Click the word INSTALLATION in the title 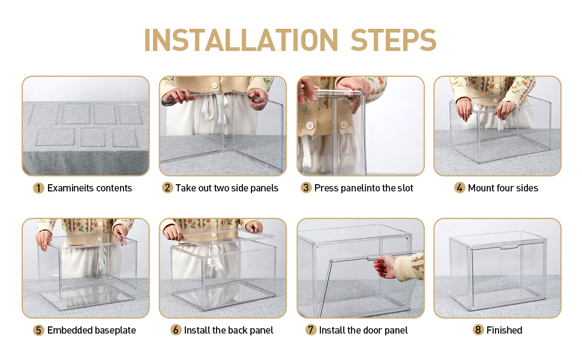(241, 40)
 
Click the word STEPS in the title (394, 40)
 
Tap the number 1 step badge (38, 188)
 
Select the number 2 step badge (167, 188)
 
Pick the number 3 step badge (306, 188)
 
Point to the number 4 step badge (460, 188)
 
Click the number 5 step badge (38, 331)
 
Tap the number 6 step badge (176, 330)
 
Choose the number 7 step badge (311, 330)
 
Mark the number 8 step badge (478, 330)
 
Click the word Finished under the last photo (504, 330)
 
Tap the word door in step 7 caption (370, 330)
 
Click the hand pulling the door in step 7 (385, 266)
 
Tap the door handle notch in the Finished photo (509, 247)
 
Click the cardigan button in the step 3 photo (310, 126)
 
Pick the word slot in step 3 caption (405, 188)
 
